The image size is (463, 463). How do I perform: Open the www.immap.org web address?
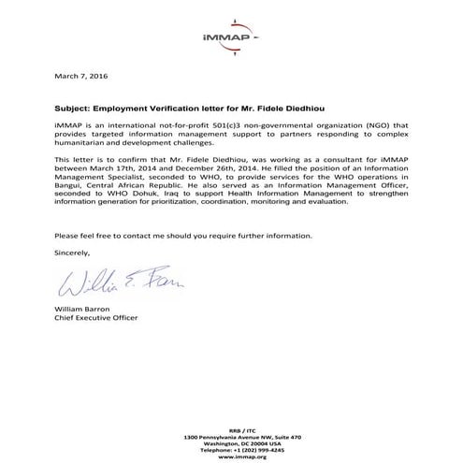pyautogui.click(x=230, y=457)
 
